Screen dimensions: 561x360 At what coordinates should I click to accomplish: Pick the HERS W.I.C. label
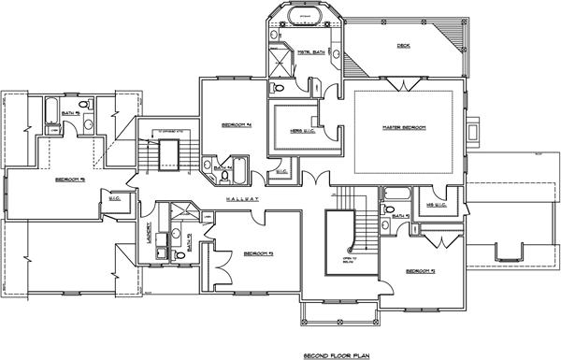pyautogui.click(x=295, y=130)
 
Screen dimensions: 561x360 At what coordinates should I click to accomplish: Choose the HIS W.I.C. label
pyautogui.click(x=436, y=205)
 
